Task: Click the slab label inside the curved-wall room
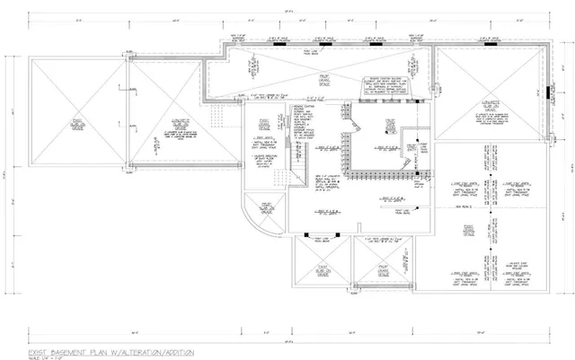coord(267,207)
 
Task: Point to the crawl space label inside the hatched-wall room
coord(391,127)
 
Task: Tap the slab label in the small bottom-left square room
coord(321,269)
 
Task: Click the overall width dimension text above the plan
coord(287,12)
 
